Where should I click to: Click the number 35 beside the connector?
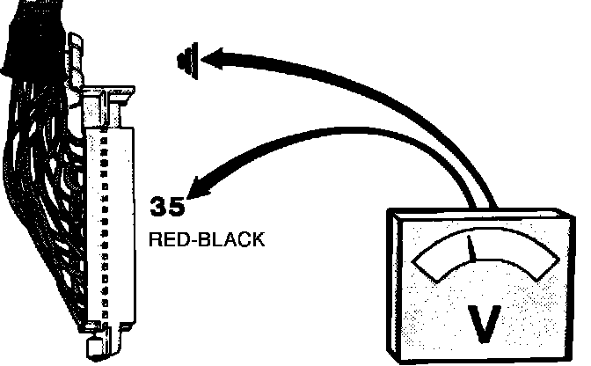coord(167,208)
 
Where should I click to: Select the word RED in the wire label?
coord(166,239)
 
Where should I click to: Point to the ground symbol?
coord(186,61)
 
